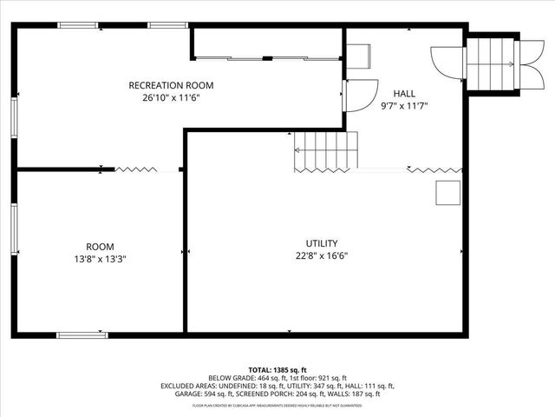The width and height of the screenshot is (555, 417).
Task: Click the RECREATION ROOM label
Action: (x=171, y=85)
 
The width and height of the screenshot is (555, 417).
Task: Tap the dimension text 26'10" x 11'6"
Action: (x=171, y=97)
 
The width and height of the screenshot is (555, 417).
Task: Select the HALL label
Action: (x=404, y=93)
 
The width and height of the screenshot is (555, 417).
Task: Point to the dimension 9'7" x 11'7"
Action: (x=404, y=105)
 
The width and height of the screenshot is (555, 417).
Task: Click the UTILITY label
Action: (x=322, y=243)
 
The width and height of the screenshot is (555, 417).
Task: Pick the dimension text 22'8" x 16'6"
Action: (x=322, y=255)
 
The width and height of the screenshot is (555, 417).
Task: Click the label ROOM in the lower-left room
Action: (x=100, y=247)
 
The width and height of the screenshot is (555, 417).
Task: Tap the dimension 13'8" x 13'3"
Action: (x=100, y=259)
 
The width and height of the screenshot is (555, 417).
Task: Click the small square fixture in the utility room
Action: (x=447, y=193)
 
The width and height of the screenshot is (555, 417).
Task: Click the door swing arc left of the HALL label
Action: (x=358, y=95)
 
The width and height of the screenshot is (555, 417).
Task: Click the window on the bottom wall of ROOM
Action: (x=82, y=334)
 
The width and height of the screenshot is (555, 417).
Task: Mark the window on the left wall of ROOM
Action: (x=14, y=229)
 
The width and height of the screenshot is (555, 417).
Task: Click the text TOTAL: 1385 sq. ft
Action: (x=277, y=370)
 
